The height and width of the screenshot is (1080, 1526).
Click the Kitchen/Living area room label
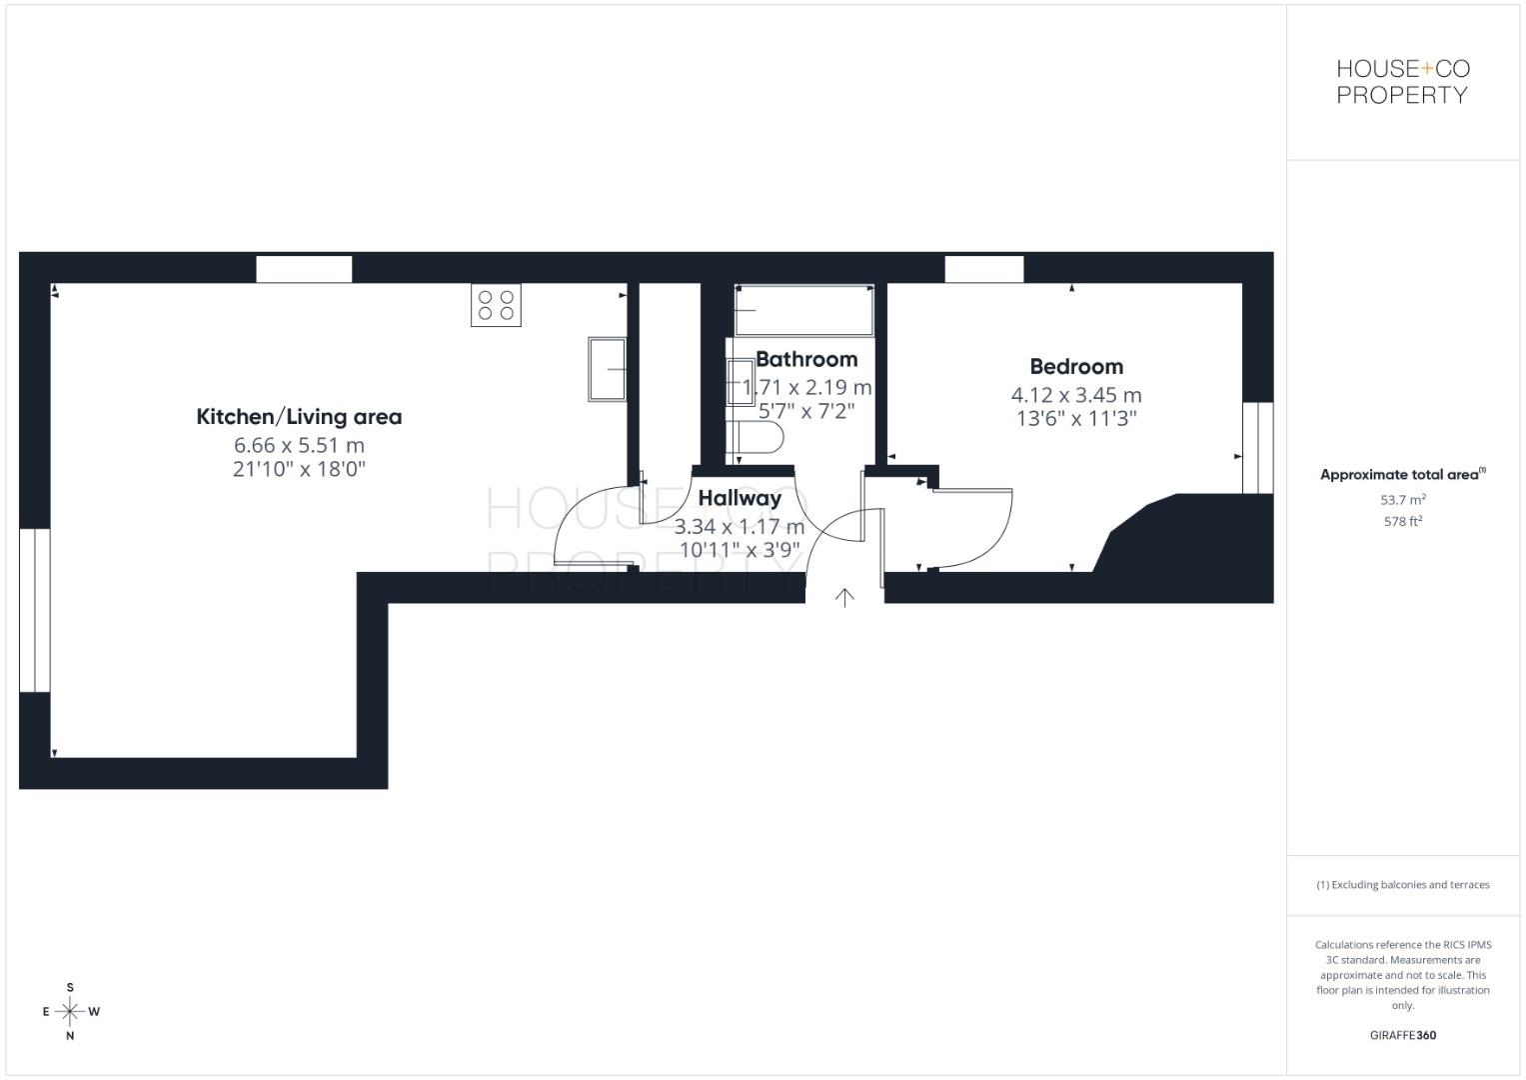[x=299, y=417]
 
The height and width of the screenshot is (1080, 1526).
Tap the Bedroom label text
[x=1076, y=367]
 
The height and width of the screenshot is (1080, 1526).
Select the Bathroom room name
[x=806, y=359]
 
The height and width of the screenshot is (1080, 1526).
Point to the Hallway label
[x=740, y=498]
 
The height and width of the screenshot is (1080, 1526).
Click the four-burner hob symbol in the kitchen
[x=496, y=305]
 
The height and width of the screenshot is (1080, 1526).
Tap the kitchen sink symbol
[x=607, y=369]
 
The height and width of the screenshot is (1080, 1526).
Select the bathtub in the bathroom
[x=803, y=310]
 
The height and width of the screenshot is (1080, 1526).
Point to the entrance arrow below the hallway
[x=844, y=598]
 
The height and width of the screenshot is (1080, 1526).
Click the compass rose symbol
[x=70, y=1011]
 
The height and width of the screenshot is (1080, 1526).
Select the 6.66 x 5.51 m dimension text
[x=299, y=445]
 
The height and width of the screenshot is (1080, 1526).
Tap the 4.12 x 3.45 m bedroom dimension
[x=1076, y=395]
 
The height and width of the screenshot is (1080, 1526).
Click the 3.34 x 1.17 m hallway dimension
[x=740, y=526]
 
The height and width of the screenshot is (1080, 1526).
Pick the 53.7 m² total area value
[x=1402, y=500]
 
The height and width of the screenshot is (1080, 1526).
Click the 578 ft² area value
[x=1402, y=522]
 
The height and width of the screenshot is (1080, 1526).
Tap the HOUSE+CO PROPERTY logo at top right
[x=1402, y=82]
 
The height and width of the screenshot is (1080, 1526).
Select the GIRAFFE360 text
[x=1402, y=1035]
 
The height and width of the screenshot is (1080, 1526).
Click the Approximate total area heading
[x=1402, y=475]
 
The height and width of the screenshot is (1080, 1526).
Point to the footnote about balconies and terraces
[x=1402, y=885]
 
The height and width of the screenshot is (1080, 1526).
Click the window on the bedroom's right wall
[x=1257, y=448]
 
